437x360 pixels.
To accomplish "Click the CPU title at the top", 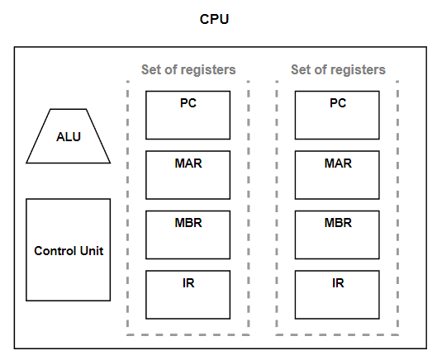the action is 214,19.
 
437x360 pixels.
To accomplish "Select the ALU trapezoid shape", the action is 69,136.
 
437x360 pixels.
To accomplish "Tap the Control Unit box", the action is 69,250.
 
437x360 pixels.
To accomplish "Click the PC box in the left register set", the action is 188,115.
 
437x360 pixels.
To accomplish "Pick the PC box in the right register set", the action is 337,115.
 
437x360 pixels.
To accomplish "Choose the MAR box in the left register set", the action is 188,175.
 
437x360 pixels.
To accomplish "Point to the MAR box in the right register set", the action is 337,175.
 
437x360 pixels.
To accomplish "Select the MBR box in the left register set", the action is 188,234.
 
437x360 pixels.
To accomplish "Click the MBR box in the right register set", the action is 337,234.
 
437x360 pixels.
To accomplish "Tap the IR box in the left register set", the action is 188,295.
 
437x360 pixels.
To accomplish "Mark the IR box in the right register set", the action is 337,295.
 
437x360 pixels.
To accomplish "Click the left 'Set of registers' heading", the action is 188,69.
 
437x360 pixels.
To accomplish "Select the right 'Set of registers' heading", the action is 338,69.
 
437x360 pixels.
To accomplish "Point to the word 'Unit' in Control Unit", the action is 92,251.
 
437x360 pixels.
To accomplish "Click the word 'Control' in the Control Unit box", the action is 55,251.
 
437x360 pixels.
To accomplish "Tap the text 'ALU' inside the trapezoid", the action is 69,137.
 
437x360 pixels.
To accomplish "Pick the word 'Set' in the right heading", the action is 301,69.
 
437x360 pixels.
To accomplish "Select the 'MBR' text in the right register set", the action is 338,223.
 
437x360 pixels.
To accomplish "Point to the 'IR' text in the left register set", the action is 188,283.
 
